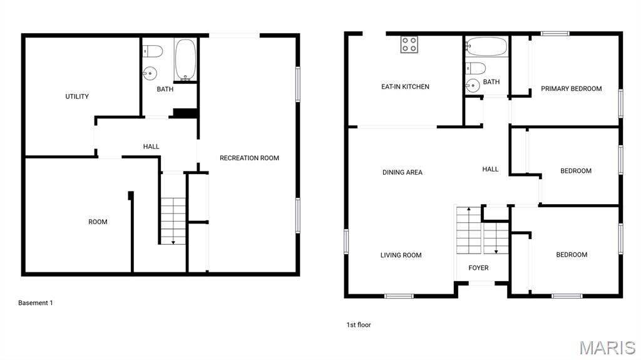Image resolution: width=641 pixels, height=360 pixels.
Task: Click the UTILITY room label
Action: point(77,96)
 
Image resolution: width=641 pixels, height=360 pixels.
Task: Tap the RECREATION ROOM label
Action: point(249,158)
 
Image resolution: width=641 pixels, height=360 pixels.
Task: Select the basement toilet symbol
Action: point(153,51)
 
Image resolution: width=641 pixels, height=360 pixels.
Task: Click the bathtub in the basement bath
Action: point(185,59)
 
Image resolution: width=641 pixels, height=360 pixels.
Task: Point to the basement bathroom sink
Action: point(150,74)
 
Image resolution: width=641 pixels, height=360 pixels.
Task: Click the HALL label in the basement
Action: point(151,147)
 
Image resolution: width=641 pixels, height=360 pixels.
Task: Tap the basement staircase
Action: point(173,221)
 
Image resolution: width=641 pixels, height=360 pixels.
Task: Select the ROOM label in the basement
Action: point(98,222)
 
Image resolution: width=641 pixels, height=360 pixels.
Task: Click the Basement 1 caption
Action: point(36,303)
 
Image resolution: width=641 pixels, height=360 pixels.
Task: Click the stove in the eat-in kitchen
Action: point(409,44)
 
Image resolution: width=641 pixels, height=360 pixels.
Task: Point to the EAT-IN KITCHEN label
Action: point(405,87)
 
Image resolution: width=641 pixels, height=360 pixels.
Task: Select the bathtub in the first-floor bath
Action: point(486,46)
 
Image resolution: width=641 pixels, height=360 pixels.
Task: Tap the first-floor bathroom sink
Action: point(473,85)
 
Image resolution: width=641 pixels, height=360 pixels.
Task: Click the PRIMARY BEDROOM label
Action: point(571,89)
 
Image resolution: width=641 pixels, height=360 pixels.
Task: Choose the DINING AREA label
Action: point(403,172)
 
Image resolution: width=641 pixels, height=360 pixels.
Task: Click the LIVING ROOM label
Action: point(401,255)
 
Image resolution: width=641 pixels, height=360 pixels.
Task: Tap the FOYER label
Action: point(478,268)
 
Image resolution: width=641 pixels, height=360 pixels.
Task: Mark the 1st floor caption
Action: point(359,325)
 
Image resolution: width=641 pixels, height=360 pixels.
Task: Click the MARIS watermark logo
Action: point(607,347)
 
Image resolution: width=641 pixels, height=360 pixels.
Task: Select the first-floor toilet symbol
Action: point(476,68)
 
